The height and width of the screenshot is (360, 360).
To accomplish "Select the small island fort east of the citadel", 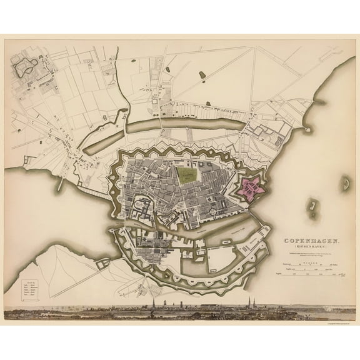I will pyautogui.click(x=309, y=204).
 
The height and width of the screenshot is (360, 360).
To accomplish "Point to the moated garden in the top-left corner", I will pyautogui.click(x=26, y=67).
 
